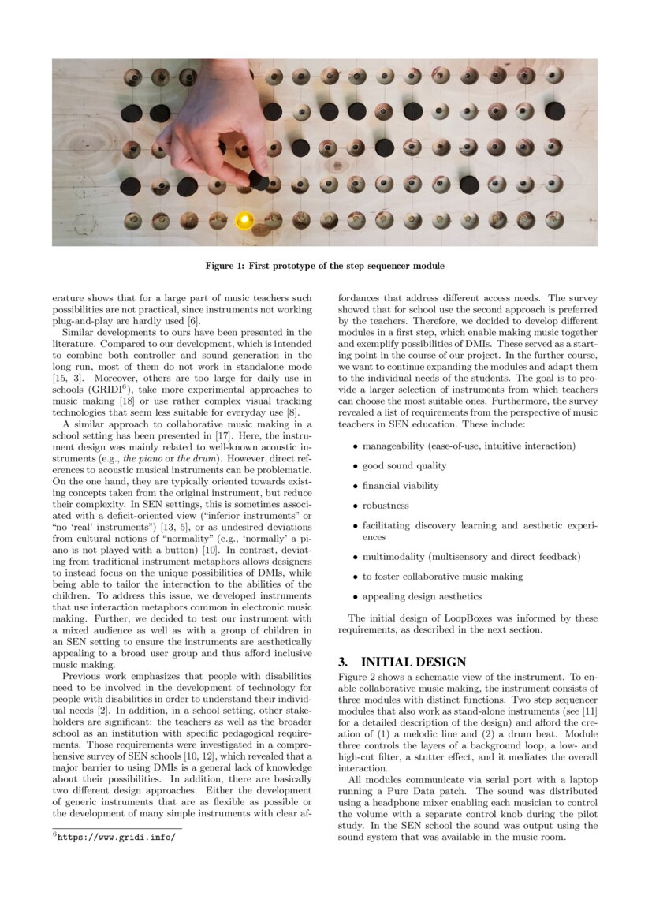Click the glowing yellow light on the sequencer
click(245, 218)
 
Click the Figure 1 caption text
click(325, 266)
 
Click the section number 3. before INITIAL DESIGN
click(344, 662)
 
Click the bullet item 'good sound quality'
click(404, 466)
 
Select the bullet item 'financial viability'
click(401, 486)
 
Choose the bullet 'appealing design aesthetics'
click(422, 596)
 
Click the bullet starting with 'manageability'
click(468, 446)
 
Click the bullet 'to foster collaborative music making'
click(442, 577)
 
